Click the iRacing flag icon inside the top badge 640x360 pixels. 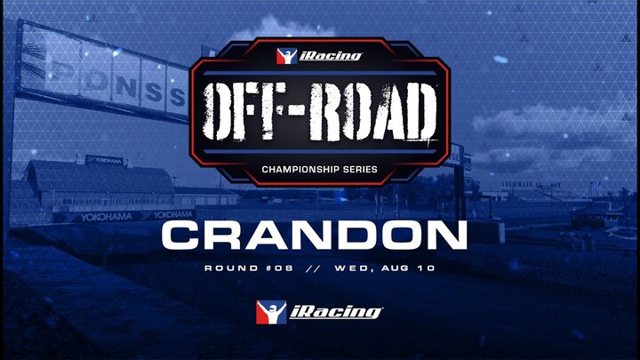coord(286,56)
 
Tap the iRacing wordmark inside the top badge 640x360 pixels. coord(331,56)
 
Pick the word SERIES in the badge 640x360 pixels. coord(359,170)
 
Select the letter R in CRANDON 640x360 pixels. coord(222,236)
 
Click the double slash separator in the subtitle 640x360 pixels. coord(313,268)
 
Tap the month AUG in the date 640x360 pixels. coord(396,268)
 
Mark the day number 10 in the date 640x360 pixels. coord(427,268)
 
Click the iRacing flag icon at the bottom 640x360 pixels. coord(271,312)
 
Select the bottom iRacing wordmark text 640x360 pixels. coord(336,313)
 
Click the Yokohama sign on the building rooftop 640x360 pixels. coord(105,161)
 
